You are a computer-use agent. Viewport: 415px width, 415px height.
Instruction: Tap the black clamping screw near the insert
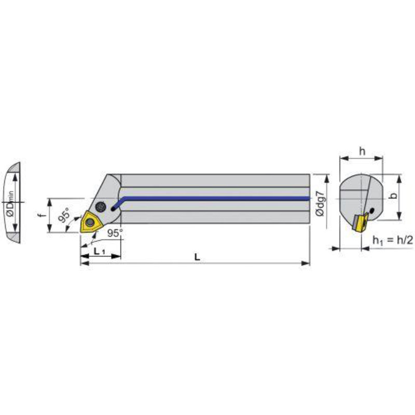point(101,206)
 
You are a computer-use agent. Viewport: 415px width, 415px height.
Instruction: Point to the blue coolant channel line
point(212,199)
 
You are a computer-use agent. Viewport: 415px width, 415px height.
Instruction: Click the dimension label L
point(197,257)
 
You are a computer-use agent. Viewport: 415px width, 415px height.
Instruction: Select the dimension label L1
point(100,251)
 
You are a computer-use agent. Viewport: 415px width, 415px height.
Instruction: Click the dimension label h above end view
point(362,151)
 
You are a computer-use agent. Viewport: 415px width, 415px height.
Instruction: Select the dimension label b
point(394,196)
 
